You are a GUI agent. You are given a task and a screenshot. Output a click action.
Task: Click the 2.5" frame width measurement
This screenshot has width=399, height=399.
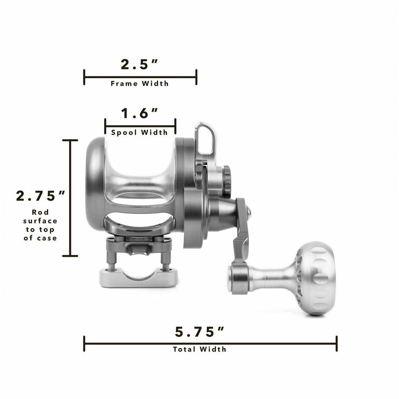tap(140, 64)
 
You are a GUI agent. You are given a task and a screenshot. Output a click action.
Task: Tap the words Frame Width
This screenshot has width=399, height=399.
tap(140, 83)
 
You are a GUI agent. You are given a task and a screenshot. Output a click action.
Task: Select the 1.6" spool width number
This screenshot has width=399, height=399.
tap(140, 114)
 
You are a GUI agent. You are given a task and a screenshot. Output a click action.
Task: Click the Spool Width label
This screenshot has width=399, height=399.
tap(140, 132)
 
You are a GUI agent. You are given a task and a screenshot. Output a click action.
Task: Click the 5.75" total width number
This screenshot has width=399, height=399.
tap(199, 331)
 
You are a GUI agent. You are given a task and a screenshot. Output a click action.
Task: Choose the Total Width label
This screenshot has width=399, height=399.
tap(199, 349)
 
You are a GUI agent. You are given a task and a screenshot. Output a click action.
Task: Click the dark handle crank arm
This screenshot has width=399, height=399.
tap(241, 231)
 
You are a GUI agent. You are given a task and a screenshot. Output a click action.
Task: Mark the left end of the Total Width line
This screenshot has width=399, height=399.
tap(84, 344)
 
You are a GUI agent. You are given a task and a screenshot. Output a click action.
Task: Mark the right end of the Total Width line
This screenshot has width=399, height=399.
tap(337, 344)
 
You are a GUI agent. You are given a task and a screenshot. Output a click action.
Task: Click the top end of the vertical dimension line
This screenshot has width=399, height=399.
tap(71, 140)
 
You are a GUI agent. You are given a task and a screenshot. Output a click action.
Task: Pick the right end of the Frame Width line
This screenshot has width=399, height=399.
tap(196, 77)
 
